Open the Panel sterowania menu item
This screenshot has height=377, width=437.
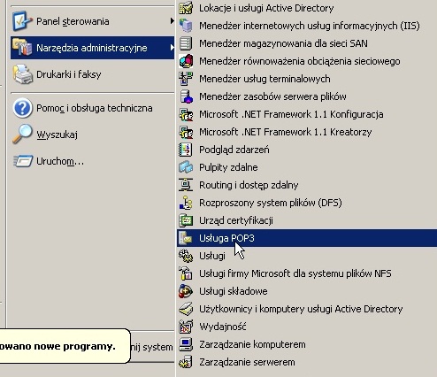[x=73, y=21]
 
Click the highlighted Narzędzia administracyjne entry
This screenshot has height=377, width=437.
[x=92, y=48]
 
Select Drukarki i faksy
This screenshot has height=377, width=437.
[x=69, y=74]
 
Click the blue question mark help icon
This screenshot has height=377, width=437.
[x=22, y=108]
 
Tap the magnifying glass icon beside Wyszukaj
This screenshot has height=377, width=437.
[x=22, y=134]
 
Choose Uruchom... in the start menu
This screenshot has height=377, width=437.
[x=60, y=161]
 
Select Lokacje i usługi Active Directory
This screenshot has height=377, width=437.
[x=266, y=8]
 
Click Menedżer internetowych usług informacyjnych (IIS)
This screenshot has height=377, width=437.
[x=310, y=26]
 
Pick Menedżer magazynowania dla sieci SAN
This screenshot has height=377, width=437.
[x=283, y=43]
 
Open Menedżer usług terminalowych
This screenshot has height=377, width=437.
[x=264, y=79]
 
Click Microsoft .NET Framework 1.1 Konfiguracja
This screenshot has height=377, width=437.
[x=291, y=114]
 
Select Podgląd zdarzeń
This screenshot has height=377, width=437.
[x=234, y=150]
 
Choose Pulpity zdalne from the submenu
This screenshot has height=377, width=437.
[x=228, y=167]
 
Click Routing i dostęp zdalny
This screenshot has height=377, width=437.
[x=249, y=185]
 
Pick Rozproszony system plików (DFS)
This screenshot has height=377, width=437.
[x=271, y=203]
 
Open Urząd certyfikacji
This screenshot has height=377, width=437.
[x=236, y=220]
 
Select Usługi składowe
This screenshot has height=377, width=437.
[x=234, y=291]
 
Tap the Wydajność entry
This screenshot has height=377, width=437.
[x=223, y=327]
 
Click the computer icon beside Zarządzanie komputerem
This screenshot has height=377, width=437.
[x=186, y=344]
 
